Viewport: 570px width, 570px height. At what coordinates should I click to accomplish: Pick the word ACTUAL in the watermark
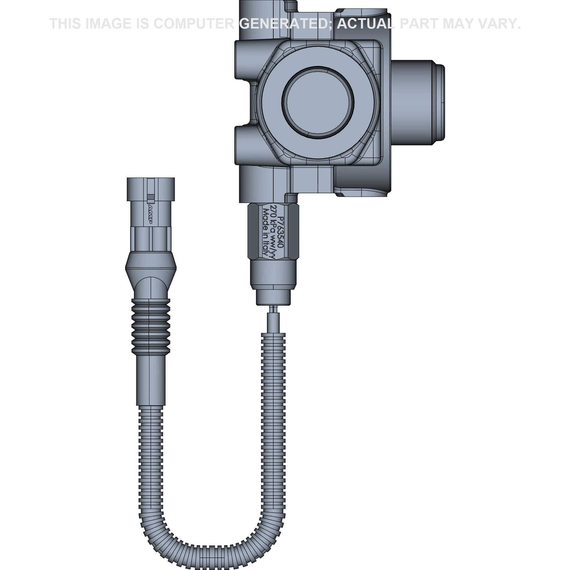(365, 24)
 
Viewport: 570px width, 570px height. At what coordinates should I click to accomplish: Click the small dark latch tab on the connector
(151, 197)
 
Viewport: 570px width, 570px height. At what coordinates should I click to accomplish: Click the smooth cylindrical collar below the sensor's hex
(273, 273)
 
